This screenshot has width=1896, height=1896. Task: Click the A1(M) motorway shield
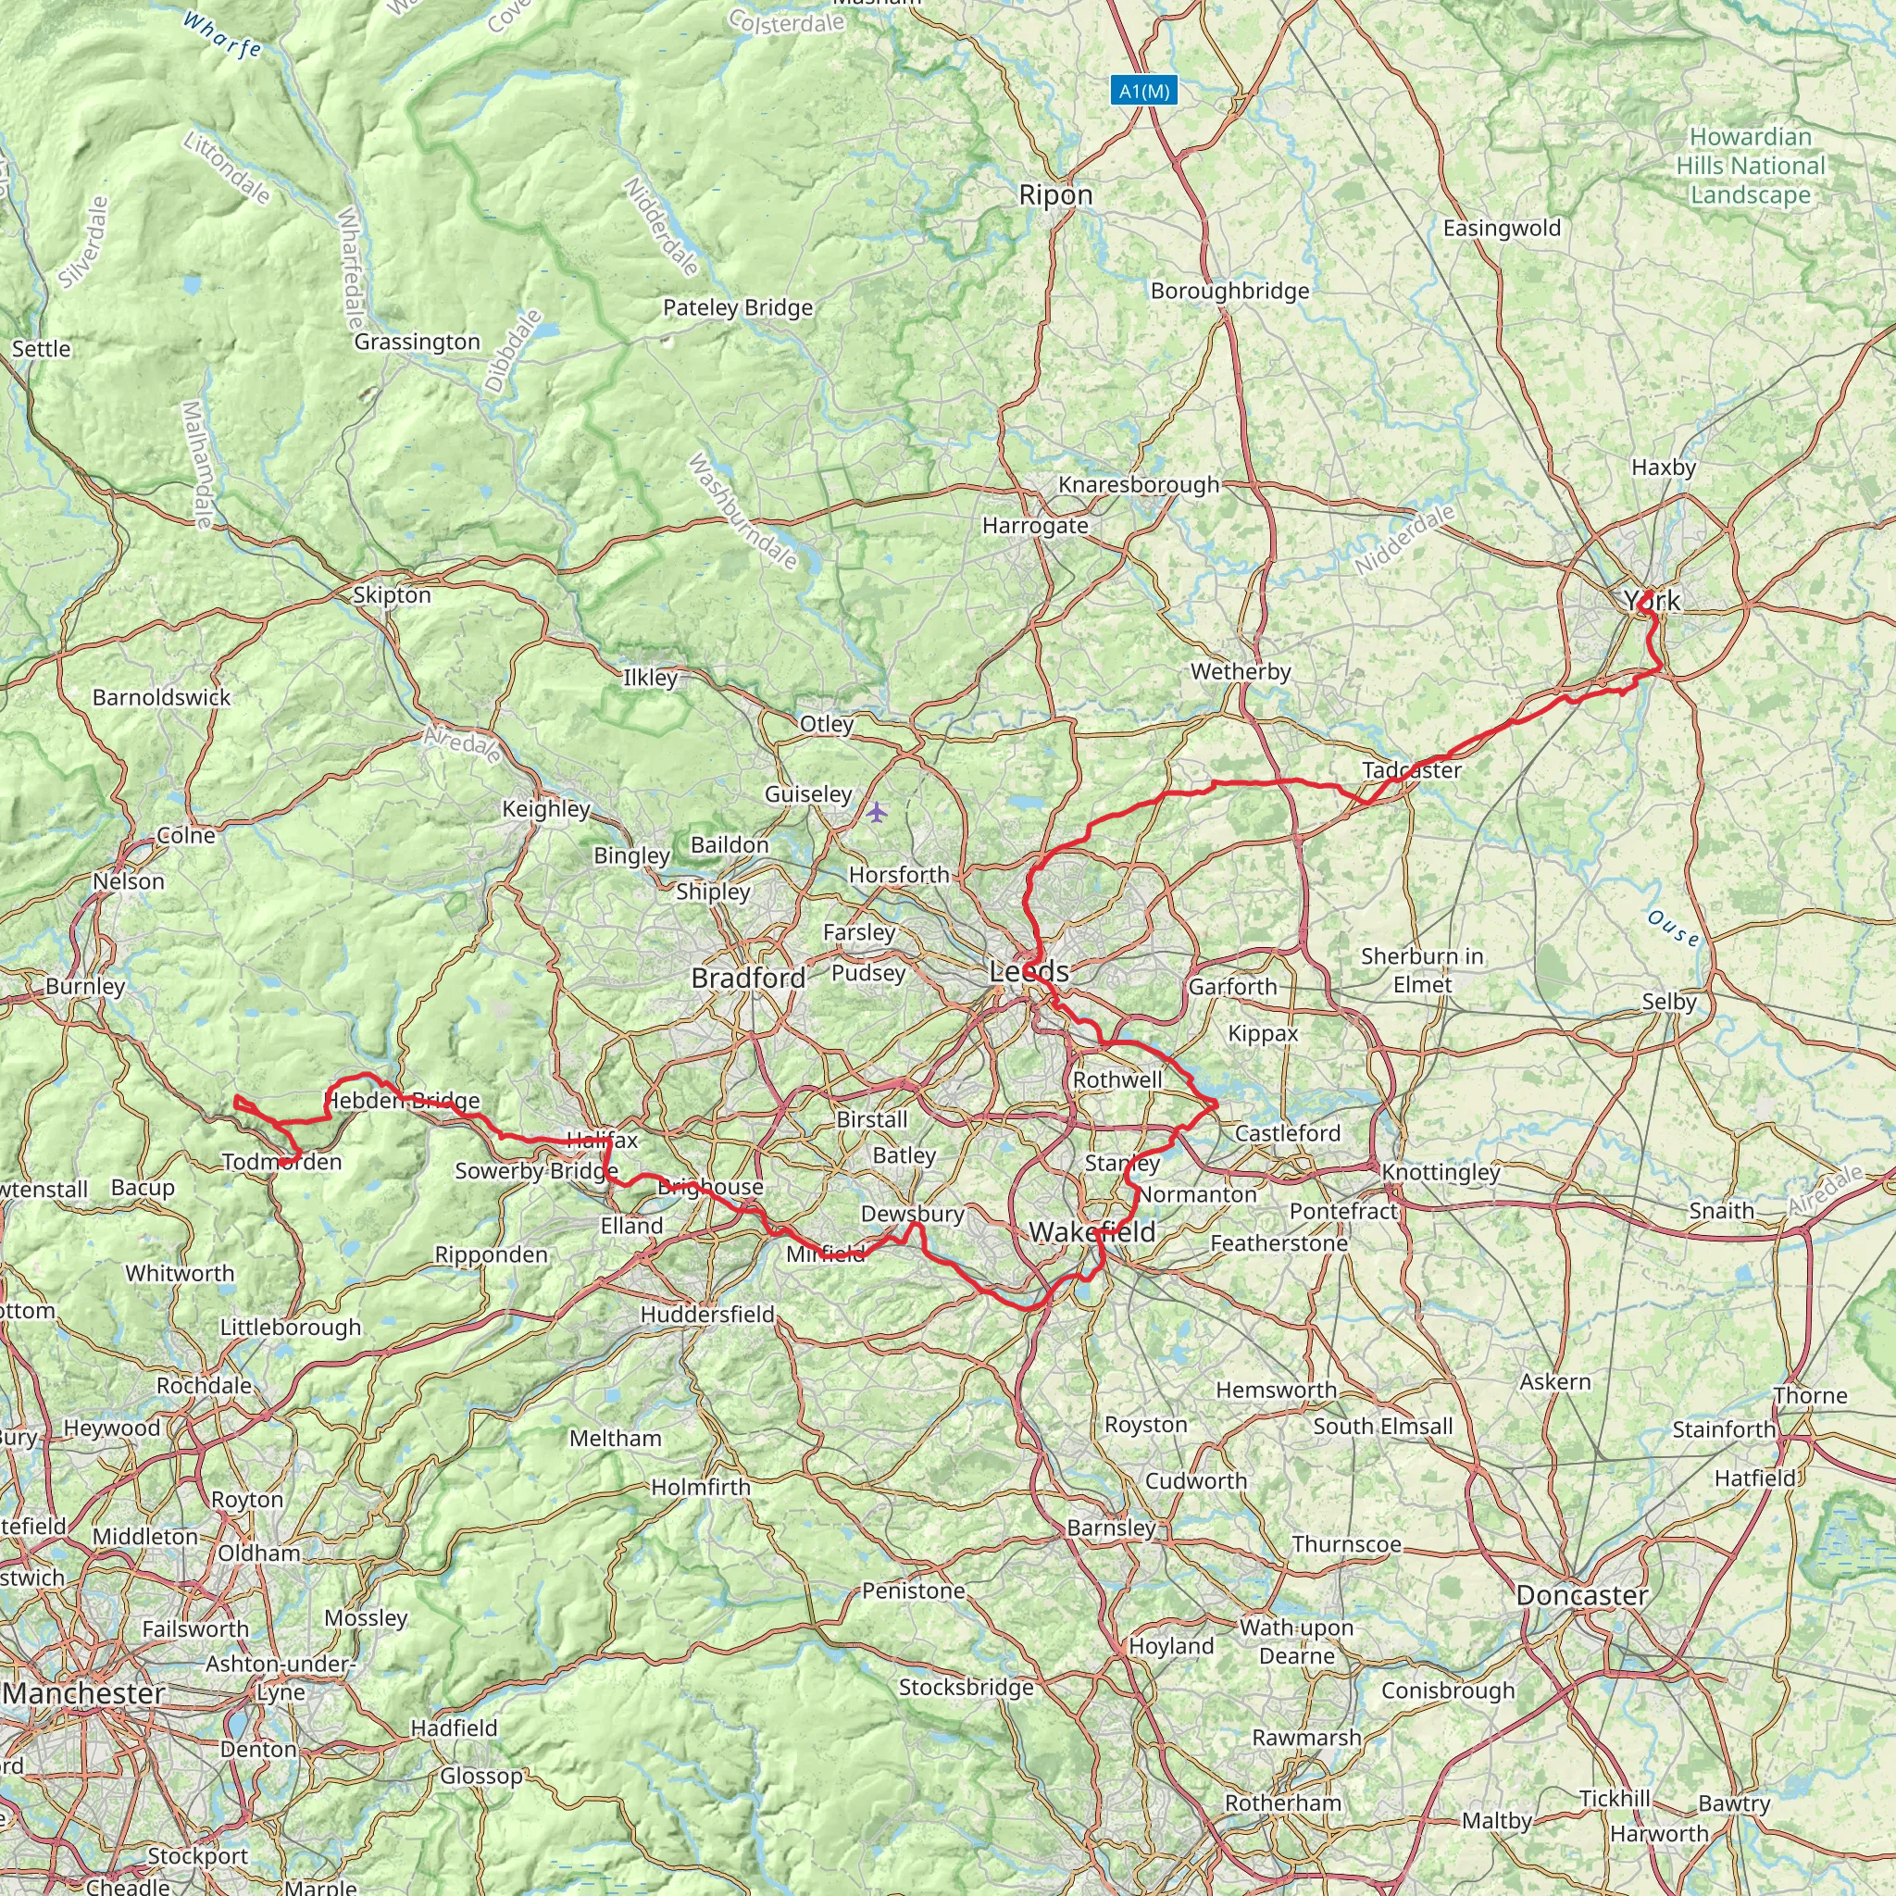tap(1144, 92)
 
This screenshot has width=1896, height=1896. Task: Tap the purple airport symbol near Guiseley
tap(877, 813)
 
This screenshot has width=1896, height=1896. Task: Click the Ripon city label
tap(1055, 194)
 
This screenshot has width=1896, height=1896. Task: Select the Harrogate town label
tap(1035, 526)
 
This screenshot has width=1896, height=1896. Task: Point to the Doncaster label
tap(1581, 1596)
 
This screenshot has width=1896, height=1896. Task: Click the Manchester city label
tap(84, 1693)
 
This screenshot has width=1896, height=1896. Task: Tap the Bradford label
tap(748, 978)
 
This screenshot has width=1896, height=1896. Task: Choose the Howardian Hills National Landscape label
tap(1750, 166)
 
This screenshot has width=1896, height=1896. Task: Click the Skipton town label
tap(392, 594)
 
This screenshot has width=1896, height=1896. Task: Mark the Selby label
tap(1668, 1002)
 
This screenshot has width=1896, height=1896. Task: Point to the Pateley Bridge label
tap(738, 308)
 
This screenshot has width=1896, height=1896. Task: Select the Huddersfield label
tap(706, 1314)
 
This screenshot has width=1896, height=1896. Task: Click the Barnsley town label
tap(1111, 1528)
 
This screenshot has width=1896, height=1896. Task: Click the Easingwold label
tap(1502, 229)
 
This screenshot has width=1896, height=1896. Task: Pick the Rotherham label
tap(1282, 1802)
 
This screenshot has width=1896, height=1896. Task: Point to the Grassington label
tap(418, 342)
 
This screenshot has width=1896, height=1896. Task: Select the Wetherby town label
tap(1241, 672)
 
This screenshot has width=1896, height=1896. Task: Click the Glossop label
tap(480, 1776)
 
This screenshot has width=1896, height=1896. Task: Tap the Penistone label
tap(913, 1590)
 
